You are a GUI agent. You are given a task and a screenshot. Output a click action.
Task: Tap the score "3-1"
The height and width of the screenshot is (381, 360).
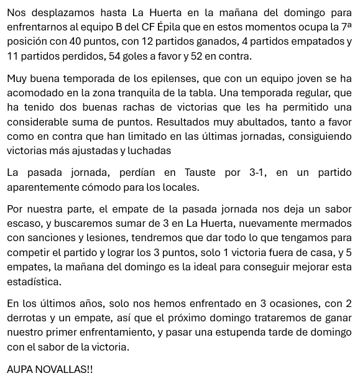pyautogui.click(x=256, y=173)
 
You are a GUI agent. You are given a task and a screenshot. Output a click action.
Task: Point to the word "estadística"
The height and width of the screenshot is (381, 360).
pyautogui.click(x=34, y=282)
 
